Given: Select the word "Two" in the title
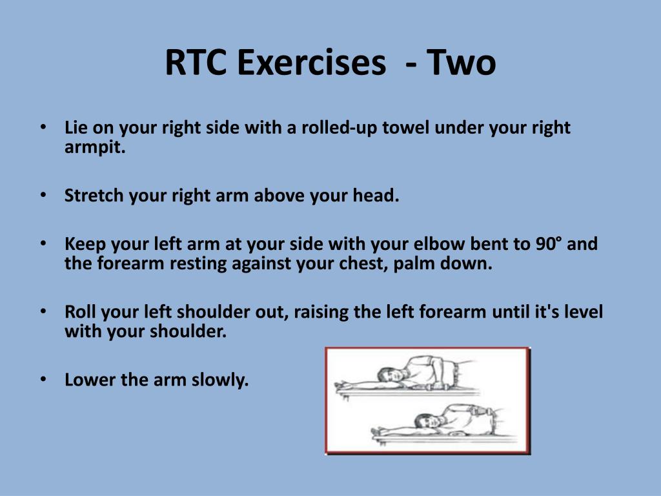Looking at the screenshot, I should tap(462, 63).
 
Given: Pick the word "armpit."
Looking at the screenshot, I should tap(94, 147).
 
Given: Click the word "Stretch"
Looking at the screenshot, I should tap(94, 196).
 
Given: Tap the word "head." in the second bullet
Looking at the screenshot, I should tap(376, 196).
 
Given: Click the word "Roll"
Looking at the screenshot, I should tap(81, 313).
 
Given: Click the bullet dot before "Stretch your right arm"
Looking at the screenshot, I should tap(43, 194).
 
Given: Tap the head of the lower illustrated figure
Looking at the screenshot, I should tap(426, 421).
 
